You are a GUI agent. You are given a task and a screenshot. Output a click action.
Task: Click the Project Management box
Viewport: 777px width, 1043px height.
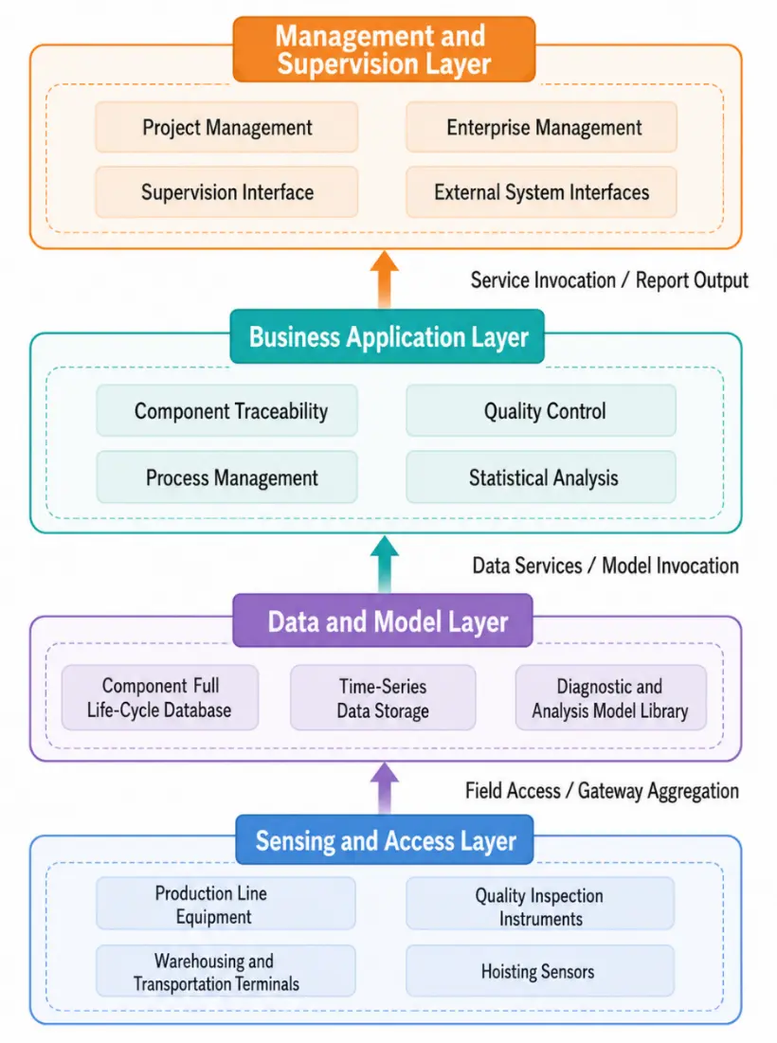tap(226, 127)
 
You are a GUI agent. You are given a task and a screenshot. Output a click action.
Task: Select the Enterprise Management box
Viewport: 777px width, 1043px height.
tap(541, 127)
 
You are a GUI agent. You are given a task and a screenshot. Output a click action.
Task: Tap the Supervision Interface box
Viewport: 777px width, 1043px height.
tap(226, 192)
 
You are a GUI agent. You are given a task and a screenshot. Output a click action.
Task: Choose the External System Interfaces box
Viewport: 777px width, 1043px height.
tap(541, 192)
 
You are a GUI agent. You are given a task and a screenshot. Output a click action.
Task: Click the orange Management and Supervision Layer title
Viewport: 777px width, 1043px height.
tap(384, 50)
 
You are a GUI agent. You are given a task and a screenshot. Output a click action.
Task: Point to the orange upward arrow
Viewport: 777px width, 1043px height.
tap(385, 279)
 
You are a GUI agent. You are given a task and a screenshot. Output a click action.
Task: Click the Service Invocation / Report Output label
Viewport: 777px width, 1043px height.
tap(609, 280)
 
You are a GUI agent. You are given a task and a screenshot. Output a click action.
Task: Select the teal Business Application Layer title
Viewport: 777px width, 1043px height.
tap(388, 336)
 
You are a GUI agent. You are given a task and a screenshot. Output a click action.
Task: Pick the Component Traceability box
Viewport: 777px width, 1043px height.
tap(226, 411)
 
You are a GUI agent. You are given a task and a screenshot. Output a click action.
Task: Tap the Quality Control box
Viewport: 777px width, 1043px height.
tap(541, 411)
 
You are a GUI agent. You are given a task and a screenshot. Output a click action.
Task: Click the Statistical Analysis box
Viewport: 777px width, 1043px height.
tap(541, 477)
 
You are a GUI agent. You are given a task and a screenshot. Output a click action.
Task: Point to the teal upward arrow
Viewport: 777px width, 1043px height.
tap(385, 565)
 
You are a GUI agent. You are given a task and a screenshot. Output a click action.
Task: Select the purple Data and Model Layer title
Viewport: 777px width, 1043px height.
tap(383, 620)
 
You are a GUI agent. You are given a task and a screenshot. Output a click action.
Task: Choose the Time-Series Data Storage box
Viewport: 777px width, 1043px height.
tap(383, 698)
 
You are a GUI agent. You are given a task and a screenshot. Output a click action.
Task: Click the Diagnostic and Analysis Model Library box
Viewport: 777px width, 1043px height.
tap(610, 698)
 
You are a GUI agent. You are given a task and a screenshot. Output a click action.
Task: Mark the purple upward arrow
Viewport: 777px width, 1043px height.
tap(385, 788)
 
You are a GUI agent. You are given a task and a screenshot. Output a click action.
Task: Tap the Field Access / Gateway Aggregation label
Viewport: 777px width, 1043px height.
tap(602, 791)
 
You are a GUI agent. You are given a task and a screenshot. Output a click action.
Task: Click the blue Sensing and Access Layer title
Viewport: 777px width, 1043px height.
tap(385, 840)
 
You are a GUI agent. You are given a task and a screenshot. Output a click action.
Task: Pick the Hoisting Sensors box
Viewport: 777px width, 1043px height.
tap(540, 971)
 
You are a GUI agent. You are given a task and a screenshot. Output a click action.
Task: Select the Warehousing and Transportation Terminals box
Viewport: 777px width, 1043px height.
tap(226, 971)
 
